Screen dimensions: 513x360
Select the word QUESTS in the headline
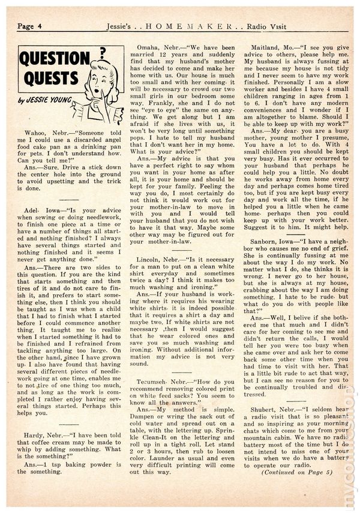point(47,79)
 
